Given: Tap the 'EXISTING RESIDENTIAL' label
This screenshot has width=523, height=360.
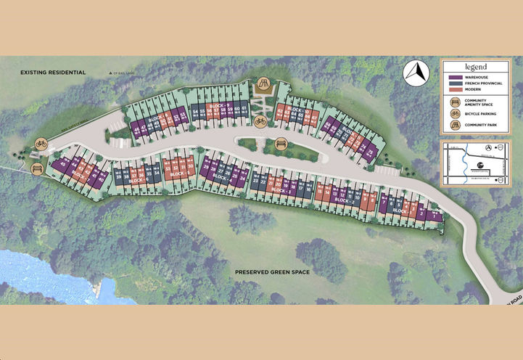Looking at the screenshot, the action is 53,72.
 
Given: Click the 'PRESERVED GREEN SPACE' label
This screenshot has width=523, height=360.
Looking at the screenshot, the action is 272,271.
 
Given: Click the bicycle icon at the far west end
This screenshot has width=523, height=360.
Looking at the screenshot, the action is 41,144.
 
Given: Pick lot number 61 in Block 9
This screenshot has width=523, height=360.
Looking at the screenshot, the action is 246,112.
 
